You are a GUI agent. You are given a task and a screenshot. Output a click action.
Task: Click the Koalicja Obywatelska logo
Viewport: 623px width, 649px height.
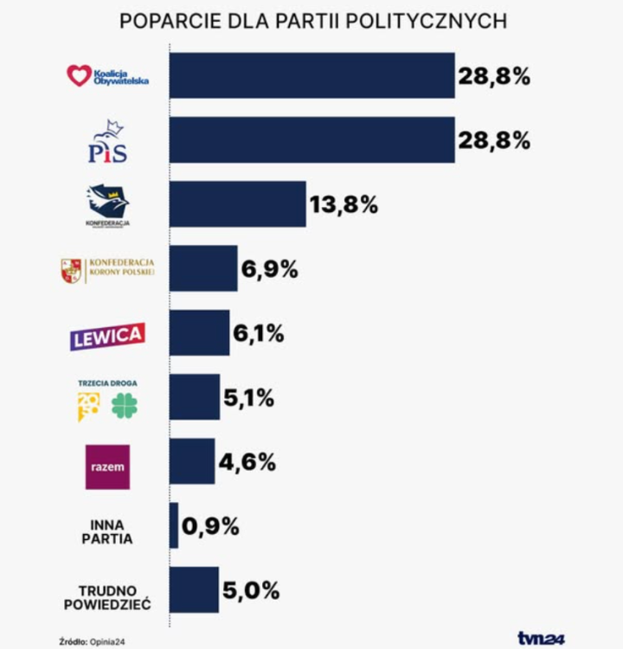point(108,76)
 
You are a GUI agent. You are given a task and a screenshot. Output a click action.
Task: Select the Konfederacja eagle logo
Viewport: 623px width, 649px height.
point(108,205)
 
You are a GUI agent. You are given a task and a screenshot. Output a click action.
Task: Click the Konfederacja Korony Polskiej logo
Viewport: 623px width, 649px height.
point(108,270)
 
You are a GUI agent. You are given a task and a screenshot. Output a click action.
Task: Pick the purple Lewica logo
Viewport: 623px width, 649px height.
point(107,336)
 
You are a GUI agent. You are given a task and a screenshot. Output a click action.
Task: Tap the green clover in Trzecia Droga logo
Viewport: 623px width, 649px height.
point(125,405)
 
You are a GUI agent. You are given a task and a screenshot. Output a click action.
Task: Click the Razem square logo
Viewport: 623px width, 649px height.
point(107,466)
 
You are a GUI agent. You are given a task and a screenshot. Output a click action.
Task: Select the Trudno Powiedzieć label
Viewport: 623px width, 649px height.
point(107,597)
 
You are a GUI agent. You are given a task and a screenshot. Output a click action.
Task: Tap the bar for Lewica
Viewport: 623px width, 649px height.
point(199,333)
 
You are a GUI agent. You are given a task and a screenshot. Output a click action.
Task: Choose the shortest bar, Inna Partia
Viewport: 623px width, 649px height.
point(174,525)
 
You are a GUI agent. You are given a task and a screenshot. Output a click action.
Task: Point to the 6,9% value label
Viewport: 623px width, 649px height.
point(269,269)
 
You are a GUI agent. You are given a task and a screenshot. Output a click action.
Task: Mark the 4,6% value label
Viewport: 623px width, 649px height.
point(247,462)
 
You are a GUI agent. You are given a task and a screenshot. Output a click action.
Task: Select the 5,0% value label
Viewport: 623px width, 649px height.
point(251,591)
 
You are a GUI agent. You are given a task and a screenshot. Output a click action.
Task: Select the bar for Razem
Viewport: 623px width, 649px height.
point(191,461)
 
